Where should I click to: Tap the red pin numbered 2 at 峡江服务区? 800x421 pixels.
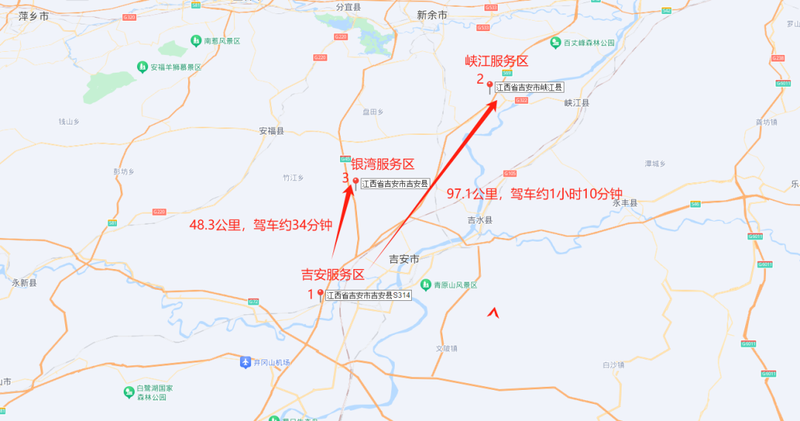pyautogui.click(x=489, y=87)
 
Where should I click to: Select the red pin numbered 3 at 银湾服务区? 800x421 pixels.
pyautogui.click(x=355, y=183)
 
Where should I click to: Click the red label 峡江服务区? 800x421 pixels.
pyautogui.click(x=496, y=61)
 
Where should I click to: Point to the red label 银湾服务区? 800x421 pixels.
pyautogui.click(x=382, y=165)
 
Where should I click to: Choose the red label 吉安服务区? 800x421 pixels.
pyautogui.click(x=333, y=275)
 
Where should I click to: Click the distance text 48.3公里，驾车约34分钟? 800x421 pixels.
pyautogui.click(x=260, y=225)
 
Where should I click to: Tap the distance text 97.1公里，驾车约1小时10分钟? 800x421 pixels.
pyautogui.click(x=534, y=193)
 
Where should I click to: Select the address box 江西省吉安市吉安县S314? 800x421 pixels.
pyautogui.click(x=368, y=295)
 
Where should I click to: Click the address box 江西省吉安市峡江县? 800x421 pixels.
pyautogui.click(x=529, y=87)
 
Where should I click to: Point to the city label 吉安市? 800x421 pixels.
pyautogui.click(x=404, y=259)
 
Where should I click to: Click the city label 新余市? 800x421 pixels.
pyautogui.click(x=432, y=15)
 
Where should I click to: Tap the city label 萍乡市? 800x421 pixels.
pyautogui.click(x=33, y=15)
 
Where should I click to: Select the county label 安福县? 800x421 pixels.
pyautogui.click(x=271, y=131)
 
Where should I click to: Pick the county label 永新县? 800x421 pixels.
pyautogui.click(x=24, y=282)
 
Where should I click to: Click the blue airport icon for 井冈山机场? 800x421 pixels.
pyautogui.click(x=245, y=362)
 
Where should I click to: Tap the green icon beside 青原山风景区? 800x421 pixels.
pyautogui.click(x=426, y=285)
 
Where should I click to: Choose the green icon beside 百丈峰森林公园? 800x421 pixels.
pyautogui.click(x=555, y=43)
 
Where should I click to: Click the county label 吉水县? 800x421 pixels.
pyautogui.click(x=480, y=220)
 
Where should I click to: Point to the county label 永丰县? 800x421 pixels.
pyautogui.click(x=624, y=202)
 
